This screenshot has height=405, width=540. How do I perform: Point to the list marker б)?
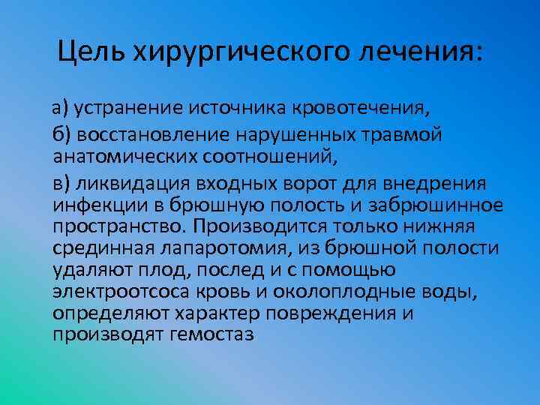pyautogui.click(x=61, y=136)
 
